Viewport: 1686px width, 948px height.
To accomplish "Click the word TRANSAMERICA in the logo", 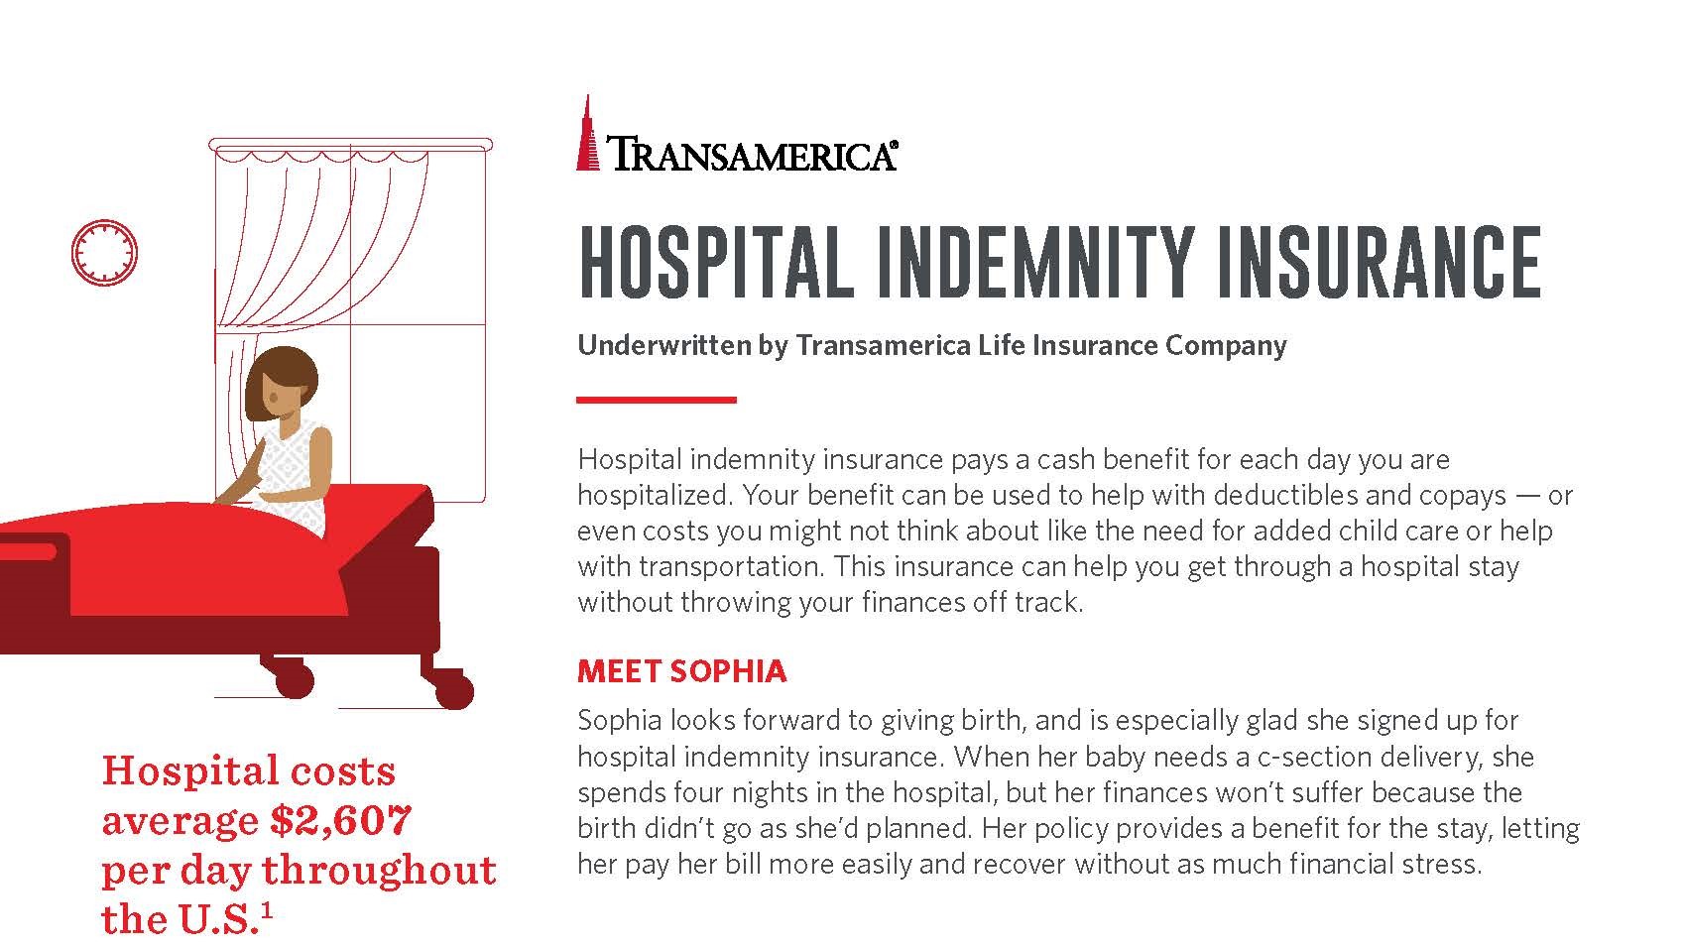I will [751, 155].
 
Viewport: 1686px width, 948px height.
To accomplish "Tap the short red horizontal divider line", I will [657, 400].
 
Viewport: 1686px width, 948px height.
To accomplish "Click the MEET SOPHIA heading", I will [681, 671].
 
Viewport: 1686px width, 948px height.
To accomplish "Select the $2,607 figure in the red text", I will [340, 820].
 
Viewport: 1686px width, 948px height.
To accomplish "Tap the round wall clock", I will [104, 251].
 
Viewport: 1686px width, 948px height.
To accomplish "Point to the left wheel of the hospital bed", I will [294, 679].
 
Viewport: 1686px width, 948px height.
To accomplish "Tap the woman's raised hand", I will [255, 459].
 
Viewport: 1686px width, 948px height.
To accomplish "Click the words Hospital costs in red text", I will [248, 770].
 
